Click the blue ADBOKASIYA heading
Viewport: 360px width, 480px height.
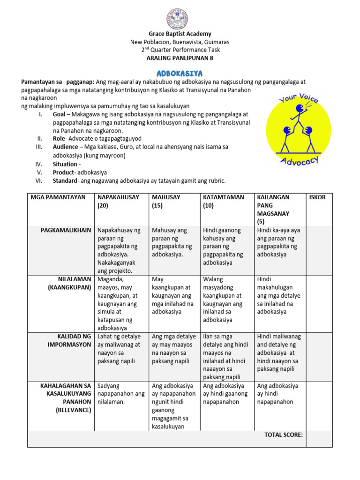(x=180, y=74)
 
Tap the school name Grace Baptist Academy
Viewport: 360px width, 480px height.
(x=180, y=34)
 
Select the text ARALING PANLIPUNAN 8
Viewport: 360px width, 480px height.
(x=180, y=58)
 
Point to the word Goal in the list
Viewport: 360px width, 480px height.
(x=60, y=114)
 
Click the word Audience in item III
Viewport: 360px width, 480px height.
(x=66, y=147)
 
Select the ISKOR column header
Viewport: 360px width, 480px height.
(x=317, y=197)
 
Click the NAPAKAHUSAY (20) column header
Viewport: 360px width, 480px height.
(x=118, y=201)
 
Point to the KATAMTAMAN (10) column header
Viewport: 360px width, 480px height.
(x=223, y=201)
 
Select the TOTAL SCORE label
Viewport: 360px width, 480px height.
(x=283, y=435)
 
